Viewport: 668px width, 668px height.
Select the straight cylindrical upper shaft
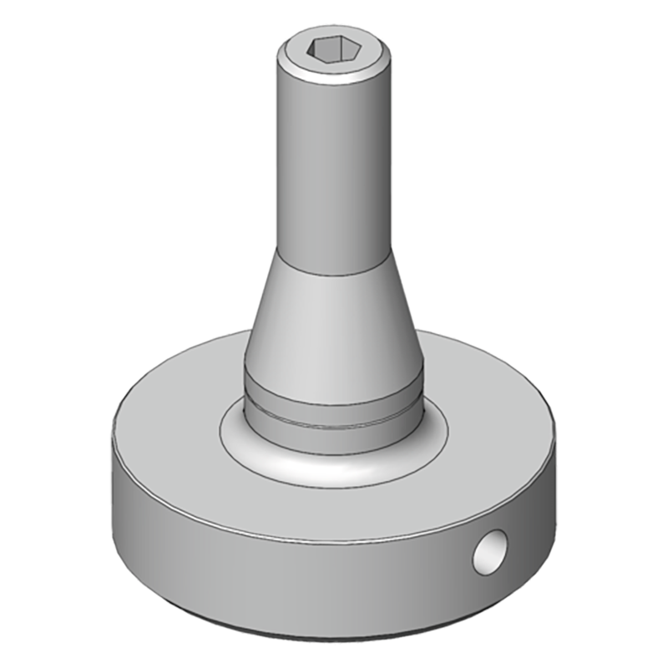click(x=334, y=167)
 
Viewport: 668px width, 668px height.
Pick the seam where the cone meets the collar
click(x=334, y=378)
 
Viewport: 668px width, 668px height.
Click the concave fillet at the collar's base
click(x=250, y=438)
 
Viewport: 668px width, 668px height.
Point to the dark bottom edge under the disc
click(x=334, y=639)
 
